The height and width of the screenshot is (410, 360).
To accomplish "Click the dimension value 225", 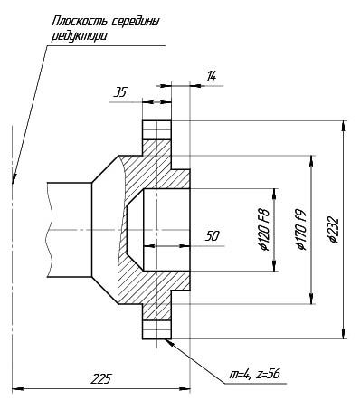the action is click(101, 379).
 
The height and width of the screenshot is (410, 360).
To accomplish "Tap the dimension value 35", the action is click(120, 92).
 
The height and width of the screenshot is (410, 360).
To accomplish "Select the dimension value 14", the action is click(212, 76).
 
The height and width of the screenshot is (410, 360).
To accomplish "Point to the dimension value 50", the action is click(213, 236).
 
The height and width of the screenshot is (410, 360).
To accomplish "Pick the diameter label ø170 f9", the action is click(301, 229).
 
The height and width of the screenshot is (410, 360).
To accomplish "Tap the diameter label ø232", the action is click(334, 229).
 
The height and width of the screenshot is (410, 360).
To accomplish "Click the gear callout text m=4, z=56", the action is click(255, 374).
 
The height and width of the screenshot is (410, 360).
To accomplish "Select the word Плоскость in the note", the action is click(80, 22).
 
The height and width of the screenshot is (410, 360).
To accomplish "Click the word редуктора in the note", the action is click(79, 36).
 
